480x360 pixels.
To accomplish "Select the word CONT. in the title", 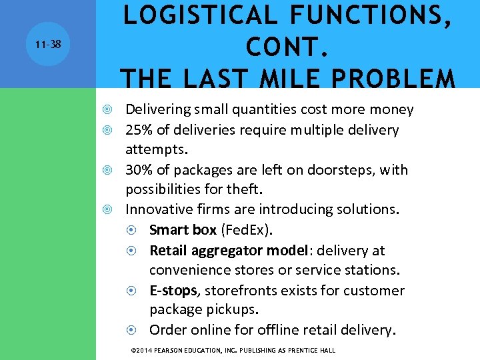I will click(x=287, y=47).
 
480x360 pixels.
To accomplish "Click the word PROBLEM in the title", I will click(x=397, y=79).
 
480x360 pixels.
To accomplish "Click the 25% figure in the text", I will click(x=139, y=130).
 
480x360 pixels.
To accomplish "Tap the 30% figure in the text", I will click(x=139, y=170).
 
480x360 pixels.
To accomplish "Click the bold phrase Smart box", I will click(x=183, y=230).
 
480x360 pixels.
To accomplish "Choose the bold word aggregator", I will click(x=226, y=251).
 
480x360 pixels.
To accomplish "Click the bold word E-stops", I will click(x=175, y=291).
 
